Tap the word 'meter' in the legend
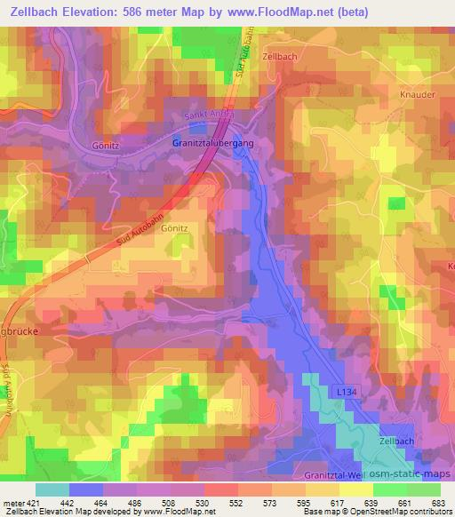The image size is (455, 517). pos(12,502)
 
